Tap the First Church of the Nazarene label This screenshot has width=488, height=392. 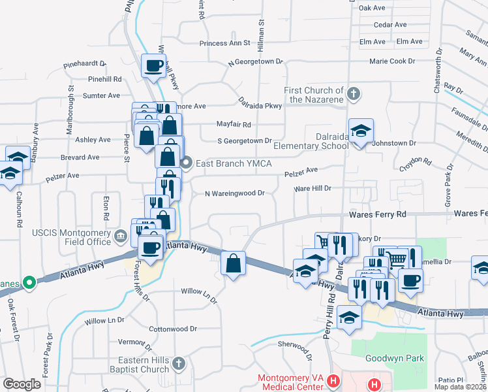point(314,95)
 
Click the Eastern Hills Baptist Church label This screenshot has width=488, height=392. point(144,365)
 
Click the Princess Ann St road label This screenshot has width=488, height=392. point(225,43)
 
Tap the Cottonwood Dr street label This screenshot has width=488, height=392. point(173,329)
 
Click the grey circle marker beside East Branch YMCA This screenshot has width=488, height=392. point(187,163)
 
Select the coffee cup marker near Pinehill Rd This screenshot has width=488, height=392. point(154,66)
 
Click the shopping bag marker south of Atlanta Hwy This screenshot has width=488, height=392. point(233,264)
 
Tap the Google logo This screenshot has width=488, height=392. point(22,384)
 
